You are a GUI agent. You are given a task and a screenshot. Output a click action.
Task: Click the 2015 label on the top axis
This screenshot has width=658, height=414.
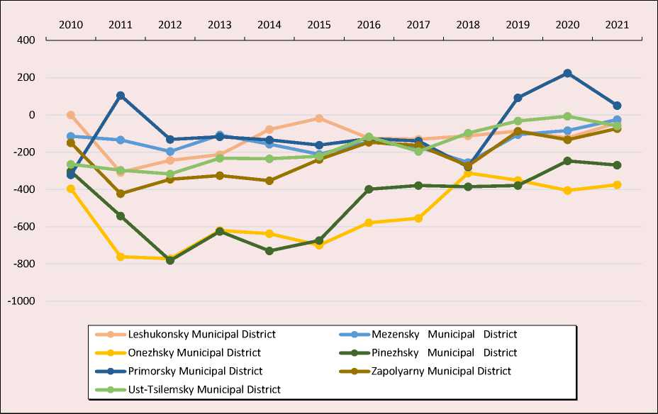click(x=319, y=24)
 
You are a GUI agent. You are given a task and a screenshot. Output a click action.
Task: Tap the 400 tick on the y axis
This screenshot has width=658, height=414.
click(x=26, y=40)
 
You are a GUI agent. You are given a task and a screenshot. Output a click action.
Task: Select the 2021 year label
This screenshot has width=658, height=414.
click(x=617, y=24)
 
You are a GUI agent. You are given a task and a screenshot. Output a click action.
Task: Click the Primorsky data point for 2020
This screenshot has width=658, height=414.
click(x=567, y=73)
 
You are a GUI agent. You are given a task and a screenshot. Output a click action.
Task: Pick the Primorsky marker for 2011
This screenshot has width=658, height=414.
click(x=121, y=96)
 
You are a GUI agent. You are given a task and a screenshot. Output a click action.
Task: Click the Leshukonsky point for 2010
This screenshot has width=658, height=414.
click(x=71, y=115)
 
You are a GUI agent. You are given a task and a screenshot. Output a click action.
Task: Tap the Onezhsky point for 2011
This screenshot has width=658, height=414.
click(x=121, y=257)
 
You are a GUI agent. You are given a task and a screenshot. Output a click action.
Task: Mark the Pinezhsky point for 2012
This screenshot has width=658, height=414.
click(x=170, y=261)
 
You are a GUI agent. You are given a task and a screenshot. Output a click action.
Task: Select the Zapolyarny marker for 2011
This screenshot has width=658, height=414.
click(x=121, y=194)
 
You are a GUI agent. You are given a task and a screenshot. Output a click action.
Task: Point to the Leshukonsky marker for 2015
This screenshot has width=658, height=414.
click(x=319, y=118)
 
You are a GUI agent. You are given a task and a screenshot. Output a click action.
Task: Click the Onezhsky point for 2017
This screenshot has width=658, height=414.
click(x=418, y=218)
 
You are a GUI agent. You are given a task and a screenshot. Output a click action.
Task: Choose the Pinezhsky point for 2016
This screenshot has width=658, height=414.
click(x=369, y=189)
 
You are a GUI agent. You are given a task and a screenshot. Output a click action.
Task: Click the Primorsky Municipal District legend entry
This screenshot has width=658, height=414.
click(x=196, y=371)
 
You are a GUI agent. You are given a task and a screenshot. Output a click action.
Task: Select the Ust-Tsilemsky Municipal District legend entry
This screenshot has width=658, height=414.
click(x=204, y=389)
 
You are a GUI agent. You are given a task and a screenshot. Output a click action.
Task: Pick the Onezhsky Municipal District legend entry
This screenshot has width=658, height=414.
click(x=195, y=352)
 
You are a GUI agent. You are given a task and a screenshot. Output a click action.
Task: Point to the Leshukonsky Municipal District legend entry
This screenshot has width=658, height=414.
click(x=202, y=334)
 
